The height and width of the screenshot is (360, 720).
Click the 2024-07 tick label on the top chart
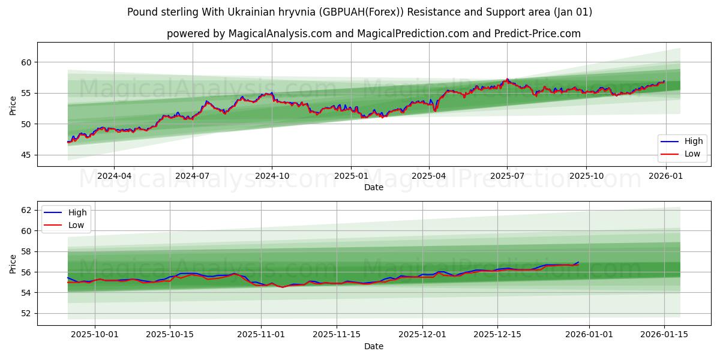[193, 176]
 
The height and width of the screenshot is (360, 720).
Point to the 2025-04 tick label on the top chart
[429, 176]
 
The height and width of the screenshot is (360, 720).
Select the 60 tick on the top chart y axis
[26, 62]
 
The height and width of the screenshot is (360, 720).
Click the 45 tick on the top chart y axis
[26, 155]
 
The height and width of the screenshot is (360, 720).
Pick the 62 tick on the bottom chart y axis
[26, 210]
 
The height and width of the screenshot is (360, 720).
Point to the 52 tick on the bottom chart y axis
[26, 313]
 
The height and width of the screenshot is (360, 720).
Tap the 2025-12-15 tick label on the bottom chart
[497, 335]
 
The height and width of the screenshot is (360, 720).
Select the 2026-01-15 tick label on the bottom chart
[664, 335]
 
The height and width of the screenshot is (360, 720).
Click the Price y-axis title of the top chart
[13, 105]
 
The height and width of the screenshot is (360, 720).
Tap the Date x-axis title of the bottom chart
[374, 346]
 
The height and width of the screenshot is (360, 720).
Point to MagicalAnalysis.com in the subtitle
[280, 34]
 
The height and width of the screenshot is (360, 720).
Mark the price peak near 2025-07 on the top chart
[507, 79]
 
